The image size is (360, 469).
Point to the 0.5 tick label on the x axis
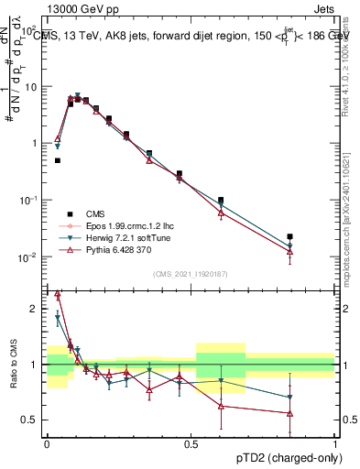[x=191, y=442]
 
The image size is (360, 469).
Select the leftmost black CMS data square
[x=57, y=160]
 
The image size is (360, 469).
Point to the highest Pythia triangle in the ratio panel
[x=58, y=294]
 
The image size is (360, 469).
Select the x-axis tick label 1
[x=335, y=442]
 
